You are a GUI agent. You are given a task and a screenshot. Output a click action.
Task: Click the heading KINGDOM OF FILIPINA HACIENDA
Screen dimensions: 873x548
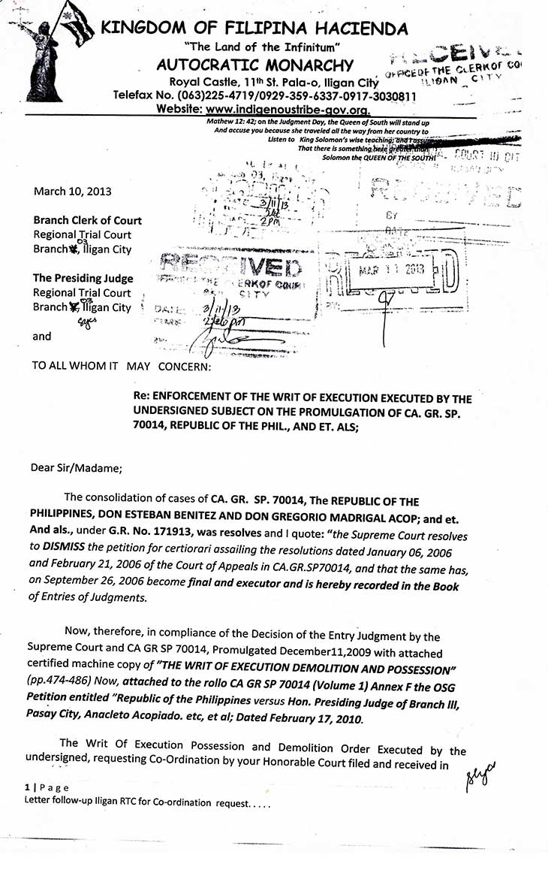[x=254, y=29]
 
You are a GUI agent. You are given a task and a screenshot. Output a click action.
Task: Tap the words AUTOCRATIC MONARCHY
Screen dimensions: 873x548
[x=255, y=65]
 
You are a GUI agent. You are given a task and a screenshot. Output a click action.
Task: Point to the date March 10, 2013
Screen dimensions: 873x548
[x=72, y=191]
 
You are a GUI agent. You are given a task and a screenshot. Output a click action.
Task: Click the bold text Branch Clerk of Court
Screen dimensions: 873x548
[x=87, y=221]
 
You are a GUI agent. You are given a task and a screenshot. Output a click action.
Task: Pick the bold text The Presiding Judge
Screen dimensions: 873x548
[x=83, y=278]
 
